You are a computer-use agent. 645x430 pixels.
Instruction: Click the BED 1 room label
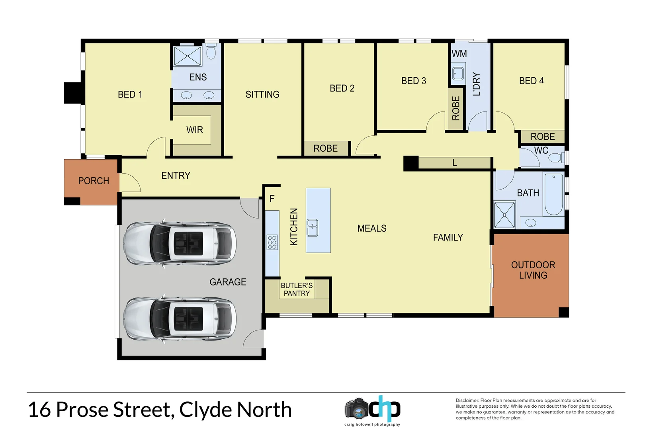pyautogui.click(x=130, y=94)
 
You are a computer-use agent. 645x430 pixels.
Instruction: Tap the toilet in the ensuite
pyautogui.click(x=211, y=52)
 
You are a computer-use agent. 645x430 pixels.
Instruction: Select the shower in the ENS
pyautogui.click(x=188, y=56)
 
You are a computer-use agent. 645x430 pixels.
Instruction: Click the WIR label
pyautogui.click(x=195, y=130)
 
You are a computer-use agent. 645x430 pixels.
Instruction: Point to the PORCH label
pyautogui.click(x=94, y=181)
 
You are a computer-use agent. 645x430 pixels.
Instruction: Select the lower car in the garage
pyautogui.click(x=180, y=319)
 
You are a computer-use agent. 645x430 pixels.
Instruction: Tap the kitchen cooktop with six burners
pyautogui.click(x=272, y=242)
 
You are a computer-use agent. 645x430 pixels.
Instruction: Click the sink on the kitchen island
pyautogui.click(x=312, y=228)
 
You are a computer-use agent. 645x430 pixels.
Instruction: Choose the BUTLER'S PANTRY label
pyautogui.click(x=297, y=289)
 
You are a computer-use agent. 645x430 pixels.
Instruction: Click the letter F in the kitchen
pyautogui.click(x=272, y=198)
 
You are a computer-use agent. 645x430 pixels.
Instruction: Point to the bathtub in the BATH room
pyautogui.click(x=553, y=194)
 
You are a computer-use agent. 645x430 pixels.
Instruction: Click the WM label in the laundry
pyautogui.click(x=459, y=54)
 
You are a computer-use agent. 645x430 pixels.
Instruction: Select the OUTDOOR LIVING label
pyautogui.click(x=533, y=270)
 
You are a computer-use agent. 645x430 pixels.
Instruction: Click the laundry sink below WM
pyautogui.click(x=458, y=74)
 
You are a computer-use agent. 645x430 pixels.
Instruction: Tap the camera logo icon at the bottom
pyautogui.click(x=357, y=408)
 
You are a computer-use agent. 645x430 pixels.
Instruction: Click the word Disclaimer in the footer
pyautogui.click(x=467, y=401)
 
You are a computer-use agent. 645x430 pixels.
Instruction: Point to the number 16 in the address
pyautogui.click(x=40, y=410)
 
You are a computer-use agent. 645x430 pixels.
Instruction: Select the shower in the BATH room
pyautogui.click(x=504, y=215)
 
